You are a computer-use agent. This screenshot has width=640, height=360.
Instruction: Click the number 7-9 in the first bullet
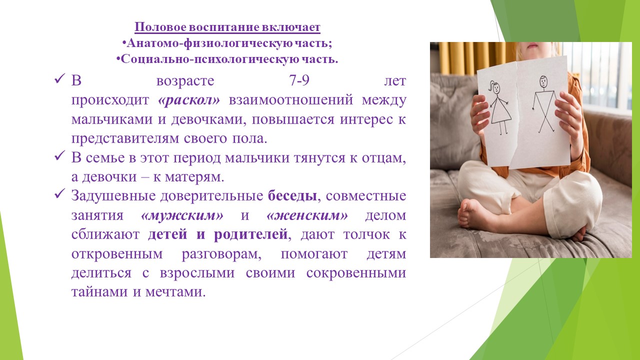(299, 80)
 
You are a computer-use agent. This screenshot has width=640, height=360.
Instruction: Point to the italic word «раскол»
(189, 100)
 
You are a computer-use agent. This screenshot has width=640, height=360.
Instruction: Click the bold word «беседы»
(292, 196)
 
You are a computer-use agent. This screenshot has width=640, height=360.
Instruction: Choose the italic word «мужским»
(182, 215)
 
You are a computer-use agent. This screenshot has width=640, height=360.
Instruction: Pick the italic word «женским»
(307, 215)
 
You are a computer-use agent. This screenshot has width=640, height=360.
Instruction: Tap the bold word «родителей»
(250, 234)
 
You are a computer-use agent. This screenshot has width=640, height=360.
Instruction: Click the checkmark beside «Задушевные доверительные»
(59, 194)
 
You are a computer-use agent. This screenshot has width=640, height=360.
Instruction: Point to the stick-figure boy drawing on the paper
(543, 104)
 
